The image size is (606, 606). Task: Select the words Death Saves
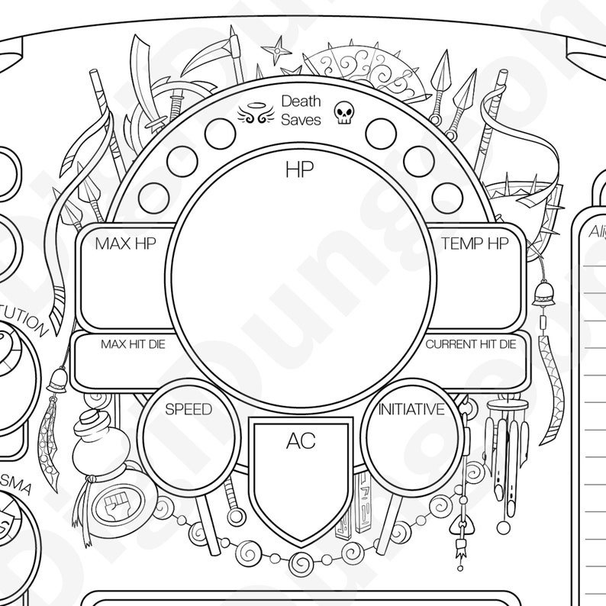click(301, 110)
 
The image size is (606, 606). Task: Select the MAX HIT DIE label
click(132, 344)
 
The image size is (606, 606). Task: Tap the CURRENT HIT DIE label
click(470, 344)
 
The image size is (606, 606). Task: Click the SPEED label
click(189, 409)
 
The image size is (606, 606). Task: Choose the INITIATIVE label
click(411, 410)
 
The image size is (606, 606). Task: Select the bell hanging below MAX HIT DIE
click(58, 380)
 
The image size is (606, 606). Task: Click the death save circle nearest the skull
click(380, 134)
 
